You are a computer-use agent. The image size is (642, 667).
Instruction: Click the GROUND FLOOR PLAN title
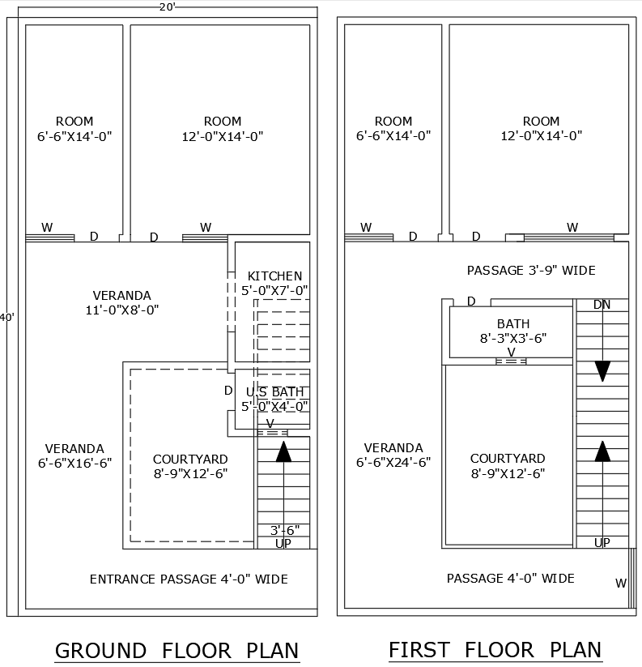(x=176, y=651)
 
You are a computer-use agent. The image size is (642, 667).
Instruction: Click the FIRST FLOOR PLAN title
(x=495, y=650)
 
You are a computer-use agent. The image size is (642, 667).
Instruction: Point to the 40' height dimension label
(x=6, y=318)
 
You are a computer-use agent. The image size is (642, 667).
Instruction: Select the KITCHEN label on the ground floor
(x=274, y=276)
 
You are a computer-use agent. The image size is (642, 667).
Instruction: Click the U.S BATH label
(x=274, y=392)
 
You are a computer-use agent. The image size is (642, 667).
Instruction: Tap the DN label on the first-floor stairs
(x=602, y=305)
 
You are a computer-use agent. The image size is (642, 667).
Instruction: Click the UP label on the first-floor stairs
(x=602, y=543)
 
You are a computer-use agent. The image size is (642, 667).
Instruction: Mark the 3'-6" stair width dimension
(x=284, y=530)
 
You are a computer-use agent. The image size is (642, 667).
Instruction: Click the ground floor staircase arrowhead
(x=283, y=451)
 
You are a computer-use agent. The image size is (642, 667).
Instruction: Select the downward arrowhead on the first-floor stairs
(x=602, y=371)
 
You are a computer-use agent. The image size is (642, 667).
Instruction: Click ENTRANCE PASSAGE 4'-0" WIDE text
(x=189, y=579)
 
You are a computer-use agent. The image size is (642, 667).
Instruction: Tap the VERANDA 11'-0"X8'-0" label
(x=121, y=302)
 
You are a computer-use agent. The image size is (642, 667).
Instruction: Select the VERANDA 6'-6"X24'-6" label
(x=393, y=455)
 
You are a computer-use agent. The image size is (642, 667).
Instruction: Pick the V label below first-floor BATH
(x=512, y=352)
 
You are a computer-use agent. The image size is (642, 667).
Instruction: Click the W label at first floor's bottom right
(x=620, y=583)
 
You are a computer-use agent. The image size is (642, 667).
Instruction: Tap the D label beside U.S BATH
(x=228, y=391)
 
